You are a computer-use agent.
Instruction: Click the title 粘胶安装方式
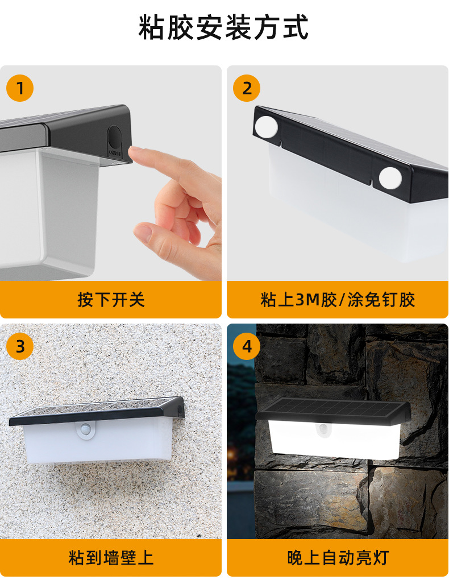[x=224, y=28]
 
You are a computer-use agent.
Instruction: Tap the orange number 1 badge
[x=20, y=88]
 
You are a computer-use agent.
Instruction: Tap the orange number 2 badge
[x=247, y=88]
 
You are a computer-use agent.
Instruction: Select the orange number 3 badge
[x=20, y=346]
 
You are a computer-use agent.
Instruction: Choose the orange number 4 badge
[x=247, y=346]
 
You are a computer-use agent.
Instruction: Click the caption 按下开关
[x=111, y=300]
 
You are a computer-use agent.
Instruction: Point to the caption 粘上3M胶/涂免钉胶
[x=338, y=300]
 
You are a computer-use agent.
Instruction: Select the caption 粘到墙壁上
[x=111, y=557]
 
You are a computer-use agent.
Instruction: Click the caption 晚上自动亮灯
[x=338, y=557]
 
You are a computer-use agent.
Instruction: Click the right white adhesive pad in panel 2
[x=390, y=177]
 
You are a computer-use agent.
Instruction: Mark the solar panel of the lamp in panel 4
[x=332, y=408]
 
